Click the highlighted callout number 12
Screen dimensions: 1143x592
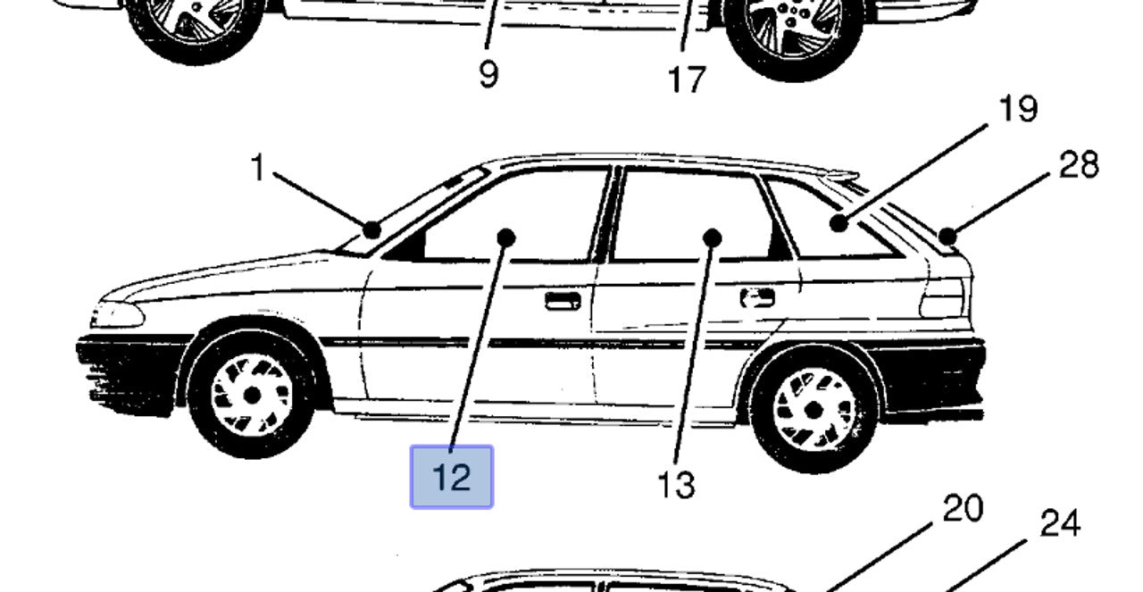coord(452,478)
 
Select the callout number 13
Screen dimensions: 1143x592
coord(676,485)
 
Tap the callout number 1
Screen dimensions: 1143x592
coord(258,167)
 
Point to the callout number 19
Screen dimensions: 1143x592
coord(1019,109)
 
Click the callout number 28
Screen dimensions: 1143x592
coord(1079,164)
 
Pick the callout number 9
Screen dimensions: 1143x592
coord(488,74)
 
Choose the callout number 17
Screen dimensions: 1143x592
coord(687,79)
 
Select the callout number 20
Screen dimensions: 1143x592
coord(963,508)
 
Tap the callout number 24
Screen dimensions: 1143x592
coord(1060,523)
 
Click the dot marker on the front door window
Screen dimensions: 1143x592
coord(505,238)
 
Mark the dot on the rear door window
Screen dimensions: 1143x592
coord(713,238)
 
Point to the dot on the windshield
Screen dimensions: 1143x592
coord(372,230)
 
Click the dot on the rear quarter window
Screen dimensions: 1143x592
coord(839,223)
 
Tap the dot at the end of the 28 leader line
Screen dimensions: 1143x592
coord(947,237)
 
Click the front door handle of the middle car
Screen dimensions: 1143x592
coord(563,301)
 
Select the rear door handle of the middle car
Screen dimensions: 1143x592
coord(758,298)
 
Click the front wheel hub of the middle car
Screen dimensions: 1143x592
coord(252,396)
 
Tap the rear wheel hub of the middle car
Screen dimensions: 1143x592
coord(813,410)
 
